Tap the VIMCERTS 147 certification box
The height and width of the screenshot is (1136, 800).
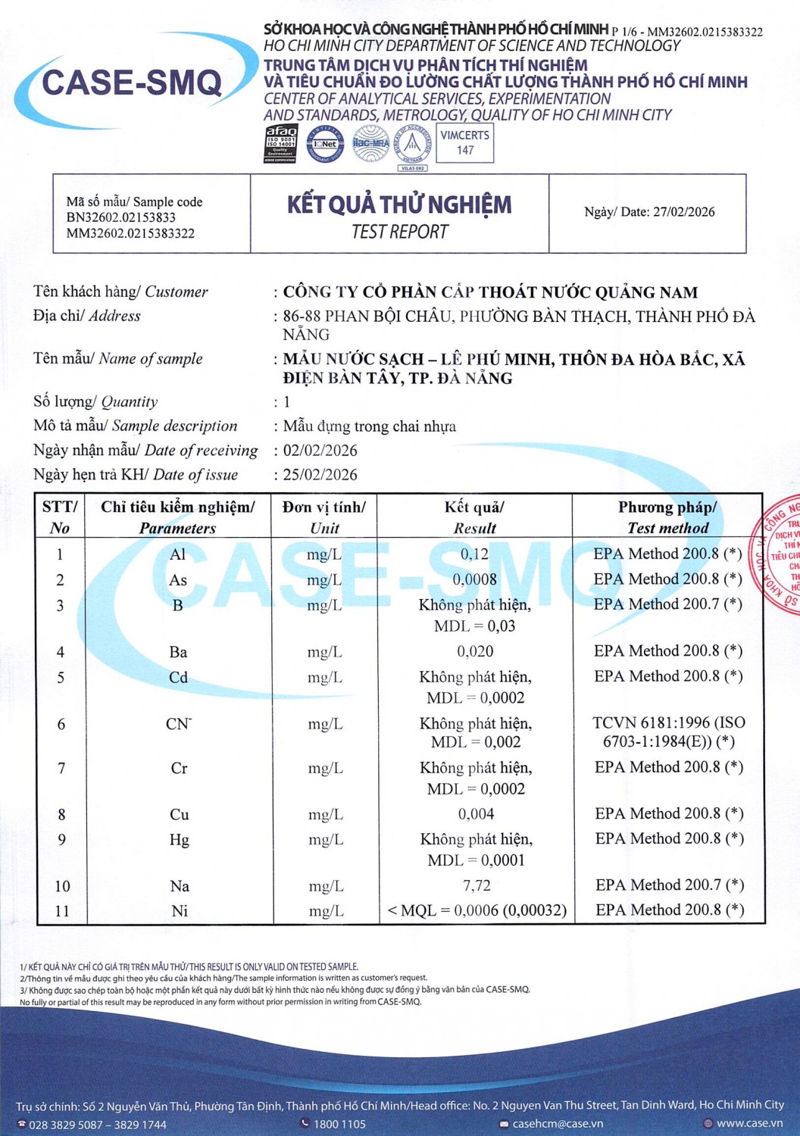click(465, 143)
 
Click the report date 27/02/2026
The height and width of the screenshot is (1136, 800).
click(683, 212)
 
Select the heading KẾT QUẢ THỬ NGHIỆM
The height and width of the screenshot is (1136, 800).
click(399, 204)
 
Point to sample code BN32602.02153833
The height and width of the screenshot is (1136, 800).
click(121, 217)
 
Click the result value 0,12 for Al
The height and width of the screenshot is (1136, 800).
click(475, 554)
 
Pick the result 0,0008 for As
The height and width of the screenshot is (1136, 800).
click(475, 580)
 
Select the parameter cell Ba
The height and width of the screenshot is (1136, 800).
click(179, 652)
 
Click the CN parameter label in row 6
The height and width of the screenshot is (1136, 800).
click(178, 725)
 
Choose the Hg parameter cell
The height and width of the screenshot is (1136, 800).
click(180, 840)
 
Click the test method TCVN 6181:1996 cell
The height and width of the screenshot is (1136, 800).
click(669, 732)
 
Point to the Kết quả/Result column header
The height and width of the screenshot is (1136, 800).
click(475, 517)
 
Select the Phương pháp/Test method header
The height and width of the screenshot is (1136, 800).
click(667, 517)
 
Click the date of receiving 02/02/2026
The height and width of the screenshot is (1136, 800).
click(320, 451)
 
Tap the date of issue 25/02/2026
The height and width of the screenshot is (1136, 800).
click(320, 475)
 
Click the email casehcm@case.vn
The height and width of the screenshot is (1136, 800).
click(558, 1124)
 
